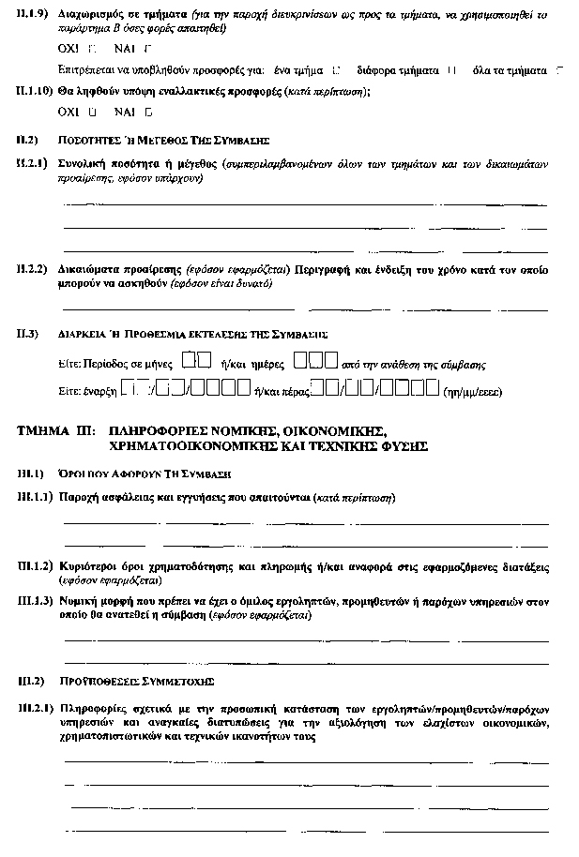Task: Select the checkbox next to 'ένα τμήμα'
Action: click(x=336, y=69)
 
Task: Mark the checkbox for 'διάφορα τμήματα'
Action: click(x=452, y=69)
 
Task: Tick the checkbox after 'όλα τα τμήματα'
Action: click(x=560, y=69)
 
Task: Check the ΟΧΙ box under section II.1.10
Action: click(x=91, y=112)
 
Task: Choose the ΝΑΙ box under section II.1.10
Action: click(x=147, y=112)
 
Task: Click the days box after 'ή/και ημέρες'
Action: click(x=314, y=359)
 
